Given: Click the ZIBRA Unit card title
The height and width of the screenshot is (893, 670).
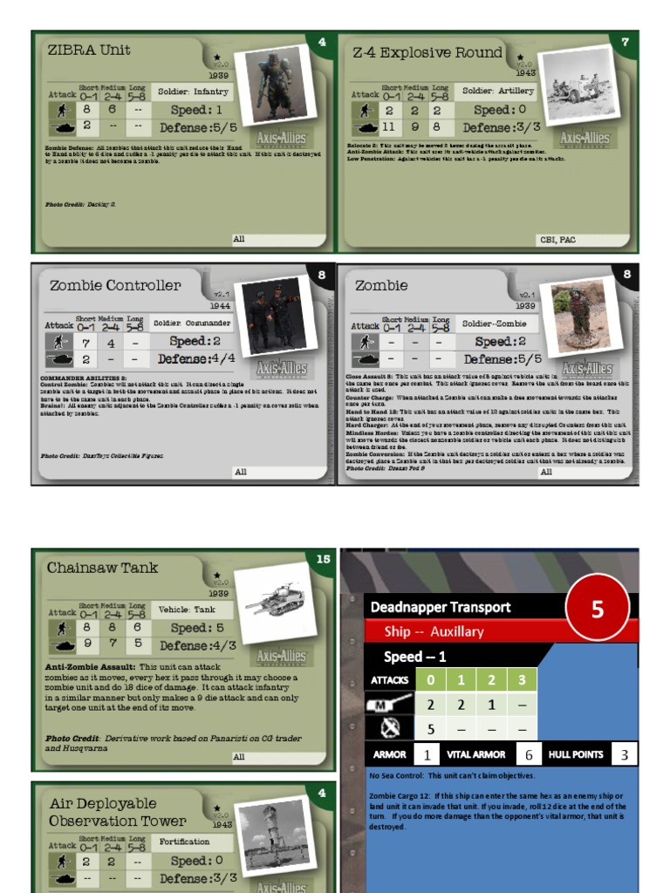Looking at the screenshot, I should (x=89, y=51).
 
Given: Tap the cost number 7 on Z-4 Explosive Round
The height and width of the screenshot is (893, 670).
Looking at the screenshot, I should (x=625, y=42).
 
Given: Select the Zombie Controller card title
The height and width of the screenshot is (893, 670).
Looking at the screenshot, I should (x=115, y=285).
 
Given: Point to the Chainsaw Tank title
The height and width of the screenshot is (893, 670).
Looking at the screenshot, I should (x=103, y=568).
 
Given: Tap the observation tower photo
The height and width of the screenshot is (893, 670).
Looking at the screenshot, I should (x=277, y=836).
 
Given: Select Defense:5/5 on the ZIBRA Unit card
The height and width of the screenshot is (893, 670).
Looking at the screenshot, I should (x=197, y=127).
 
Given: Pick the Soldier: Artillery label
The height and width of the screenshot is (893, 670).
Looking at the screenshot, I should (x=498, y=91).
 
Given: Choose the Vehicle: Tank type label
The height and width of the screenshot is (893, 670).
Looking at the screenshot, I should (x=187, y=610).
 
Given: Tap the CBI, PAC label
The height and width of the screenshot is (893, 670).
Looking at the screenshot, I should (x=557, y=239).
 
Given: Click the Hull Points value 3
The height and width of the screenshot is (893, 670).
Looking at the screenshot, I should (x=624, y=754).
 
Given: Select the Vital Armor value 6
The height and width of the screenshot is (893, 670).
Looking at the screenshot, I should (x=529, y=754).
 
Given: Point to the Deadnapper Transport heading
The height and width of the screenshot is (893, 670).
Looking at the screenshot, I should (x=441, y=607).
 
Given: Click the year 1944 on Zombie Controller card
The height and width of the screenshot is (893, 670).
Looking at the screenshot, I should (x=220, y=306).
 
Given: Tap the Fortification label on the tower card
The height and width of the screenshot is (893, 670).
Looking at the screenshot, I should (x=184, y=842).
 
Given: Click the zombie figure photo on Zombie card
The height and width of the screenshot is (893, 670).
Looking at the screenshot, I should (x=577, y=317).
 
